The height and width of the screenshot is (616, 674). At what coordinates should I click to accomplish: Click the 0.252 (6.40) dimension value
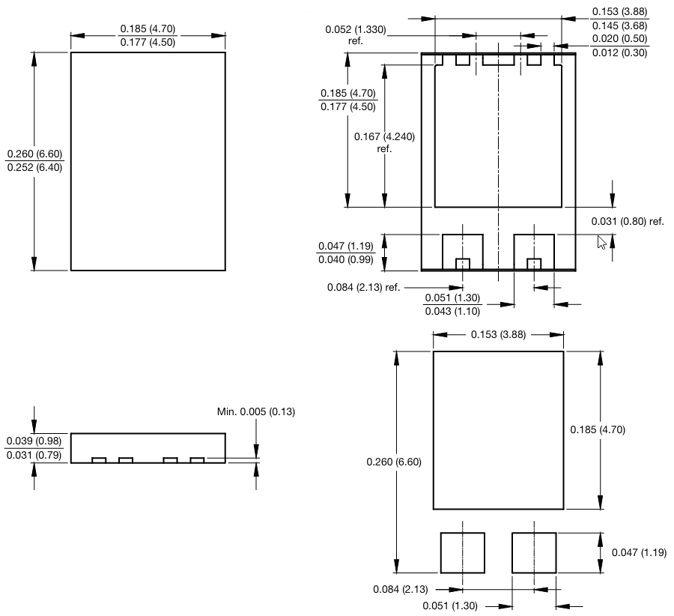coord(34,168)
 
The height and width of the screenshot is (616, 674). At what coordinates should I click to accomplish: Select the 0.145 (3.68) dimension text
coord(619,25)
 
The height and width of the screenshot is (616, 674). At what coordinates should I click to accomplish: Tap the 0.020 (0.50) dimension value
coord(619,39)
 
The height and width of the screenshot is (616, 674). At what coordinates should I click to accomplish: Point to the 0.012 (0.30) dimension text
coord(619,52)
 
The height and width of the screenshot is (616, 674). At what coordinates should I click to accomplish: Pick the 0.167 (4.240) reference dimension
coord(384,137)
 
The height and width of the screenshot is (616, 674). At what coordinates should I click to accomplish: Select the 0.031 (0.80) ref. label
coord(628,221)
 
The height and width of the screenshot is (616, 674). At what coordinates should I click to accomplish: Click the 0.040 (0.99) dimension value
coord(345,259)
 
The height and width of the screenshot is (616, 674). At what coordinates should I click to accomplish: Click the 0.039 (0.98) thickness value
coord(34,441)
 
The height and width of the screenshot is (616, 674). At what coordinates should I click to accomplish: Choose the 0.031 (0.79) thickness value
coord(34,455)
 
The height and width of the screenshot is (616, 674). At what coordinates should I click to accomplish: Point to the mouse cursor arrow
coord(601,241)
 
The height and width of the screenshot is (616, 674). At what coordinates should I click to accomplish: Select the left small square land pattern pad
coord(462,553)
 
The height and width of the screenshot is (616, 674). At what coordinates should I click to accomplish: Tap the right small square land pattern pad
coord(533,553)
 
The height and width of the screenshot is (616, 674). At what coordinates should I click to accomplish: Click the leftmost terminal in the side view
coord(98,460)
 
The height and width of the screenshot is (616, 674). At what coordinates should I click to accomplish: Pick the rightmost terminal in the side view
coord(197,460)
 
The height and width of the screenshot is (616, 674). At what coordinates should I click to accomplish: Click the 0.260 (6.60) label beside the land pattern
coord(394,462)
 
